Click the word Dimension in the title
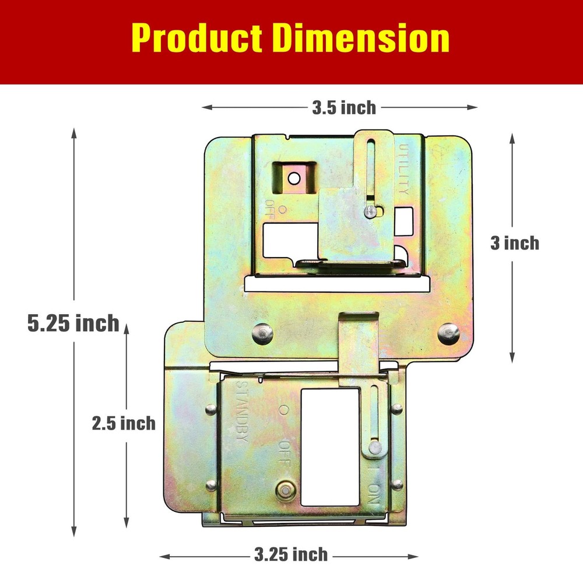tap(361, 38)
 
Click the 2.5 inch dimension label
tap(124, 423)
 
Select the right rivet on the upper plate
tap(448, 332)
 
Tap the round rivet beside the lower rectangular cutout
tap(285, 490)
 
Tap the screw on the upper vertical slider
tap(369, 211)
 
